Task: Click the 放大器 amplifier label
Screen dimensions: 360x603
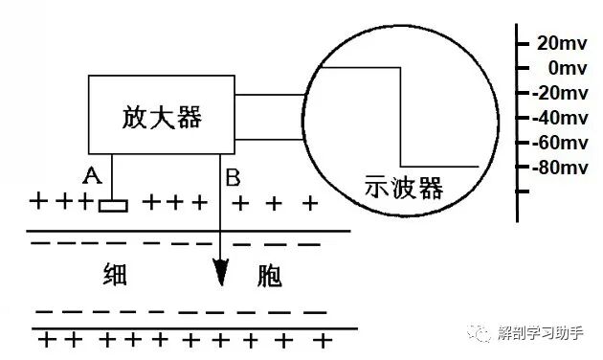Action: point(164,116)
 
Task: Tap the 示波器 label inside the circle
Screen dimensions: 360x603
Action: point(405,188)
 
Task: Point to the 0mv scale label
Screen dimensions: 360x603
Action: point(561,68)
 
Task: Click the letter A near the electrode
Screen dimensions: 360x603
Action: point(92,175)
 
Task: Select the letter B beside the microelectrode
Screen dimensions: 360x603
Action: point(233,176)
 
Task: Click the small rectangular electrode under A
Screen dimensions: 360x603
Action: point(114,204)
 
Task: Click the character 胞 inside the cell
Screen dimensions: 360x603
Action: point(270,276)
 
